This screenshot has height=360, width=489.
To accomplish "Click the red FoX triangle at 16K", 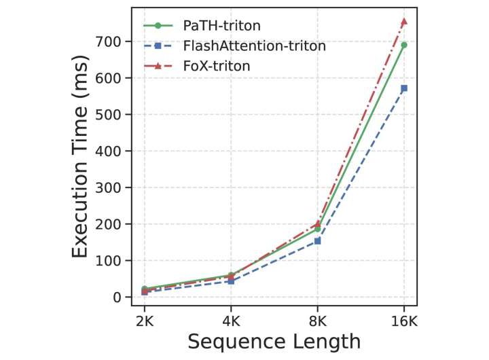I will (404, 22).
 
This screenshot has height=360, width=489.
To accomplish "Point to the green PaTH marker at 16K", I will (404, 45).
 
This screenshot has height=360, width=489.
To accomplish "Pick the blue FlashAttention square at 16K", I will (404, 88).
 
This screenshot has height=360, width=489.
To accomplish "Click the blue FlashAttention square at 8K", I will (318, 240).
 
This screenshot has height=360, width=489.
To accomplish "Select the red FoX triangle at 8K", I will (318, 223).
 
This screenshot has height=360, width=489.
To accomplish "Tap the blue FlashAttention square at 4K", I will (231, 281).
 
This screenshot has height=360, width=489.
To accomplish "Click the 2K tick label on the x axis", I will (145, 319).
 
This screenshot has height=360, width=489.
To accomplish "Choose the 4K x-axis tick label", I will (231, 319).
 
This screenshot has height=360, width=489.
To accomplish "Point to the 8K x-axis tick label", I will (318, 319).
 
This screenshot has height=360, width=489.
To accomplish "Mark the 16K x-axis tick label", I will (404, 319).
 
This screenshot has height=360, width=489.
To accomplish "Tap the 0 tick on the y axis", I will (117, 297).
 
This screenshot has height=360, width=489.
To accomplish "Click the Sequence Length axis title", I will (274, 342).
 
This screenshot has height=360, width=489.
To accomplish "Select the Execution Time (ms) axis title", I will (80, 164).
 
